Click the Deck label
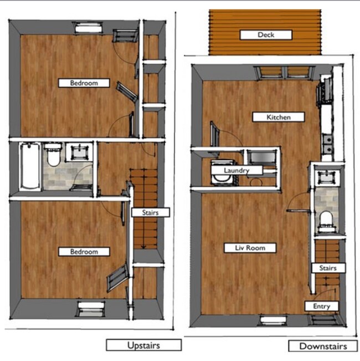pos(266,35)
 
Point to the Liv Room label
pos(250,248)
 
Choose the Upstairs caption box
pos(144,345)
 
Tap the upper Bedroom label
pos(84,83)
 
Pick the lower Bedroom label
pos(84,252)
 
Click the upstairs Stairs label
pos(150,212)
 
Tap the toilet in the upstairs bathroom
pos(53,156)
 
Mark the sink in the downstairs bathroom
pos(324,177)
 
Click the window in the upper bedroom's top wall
pos(89,26)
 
